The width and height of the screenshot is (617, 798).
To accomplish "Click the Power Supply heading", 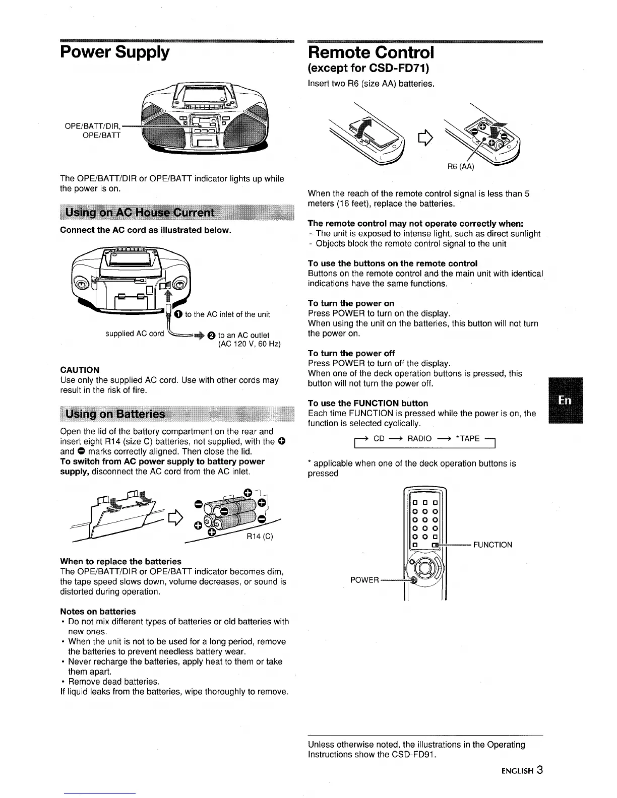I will coord(114,52).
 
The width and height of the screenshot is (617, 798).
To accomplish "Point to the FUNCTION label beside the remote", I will coord(493,545).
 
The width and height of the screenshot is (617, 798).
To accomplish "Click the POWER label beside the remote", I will coord(364,580).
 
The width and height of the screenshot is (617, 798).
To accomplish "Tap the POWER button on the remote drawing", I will coord(414,580).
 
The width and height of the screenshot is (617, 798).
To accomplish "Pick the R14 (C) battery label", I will coord(260,537).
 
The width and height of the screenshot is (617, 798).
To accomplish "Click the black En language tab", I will coord(565,400).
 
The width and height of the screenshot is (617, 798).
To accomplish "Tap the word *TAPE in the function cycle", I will coord(467,438).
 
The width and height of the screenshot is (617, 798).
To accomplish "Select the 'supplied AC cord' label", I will coord(135,334).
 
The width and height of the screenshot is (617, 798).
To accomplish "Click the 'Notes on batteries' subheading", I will coord(98,612).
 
